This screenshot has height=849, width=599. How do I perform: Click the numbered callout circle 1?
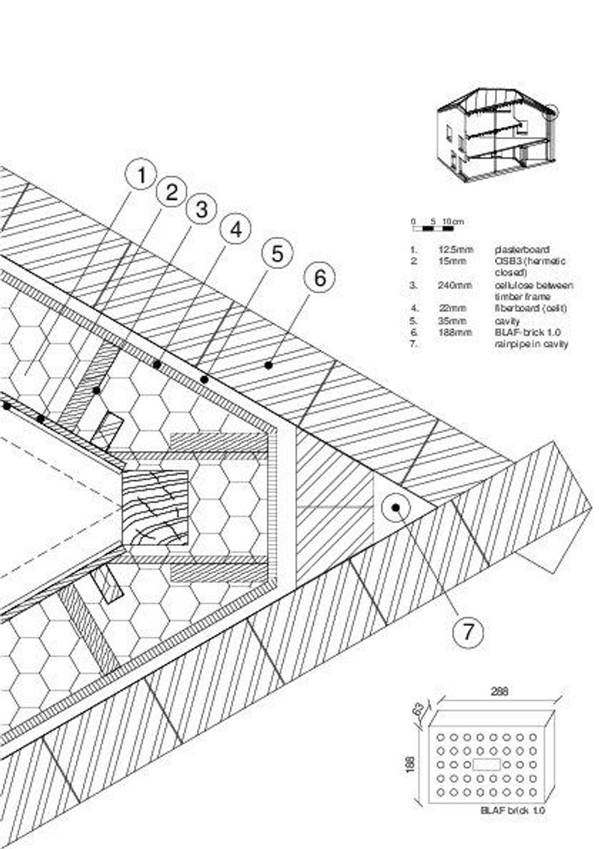coord(139,177)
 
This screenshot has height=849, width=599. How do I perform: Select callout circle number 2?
coord(171,193)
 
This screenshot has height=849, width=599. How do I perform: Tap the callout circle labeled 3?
coord(201,210)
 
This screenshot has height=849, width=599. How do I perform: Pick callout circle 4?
coord(235,229)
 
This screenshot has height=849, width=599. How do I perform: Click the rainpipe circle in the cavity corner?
coord(395,508)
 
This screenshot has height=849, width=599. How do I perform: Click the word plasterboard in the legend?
coord(522,249)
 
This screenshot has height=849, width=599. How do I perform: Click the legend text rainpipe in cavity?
coord(531,344)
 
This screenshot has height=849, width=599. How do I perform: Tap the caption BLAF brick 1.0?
coord(513,811)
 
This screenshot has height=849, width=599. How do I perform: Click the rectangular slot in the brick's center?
coord(487,764)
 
